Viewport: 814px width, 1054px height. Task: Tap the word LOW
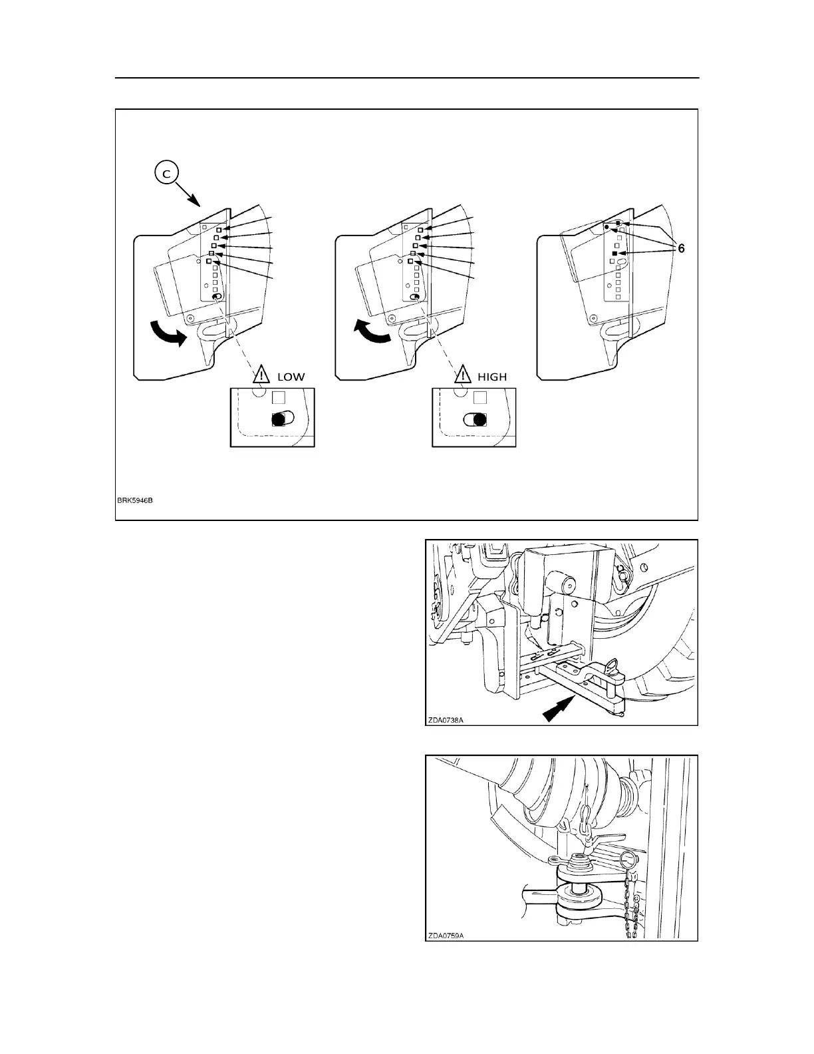click(x=291, y=377)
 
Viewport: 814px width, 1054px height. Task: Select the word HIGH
click(x=491, y=377)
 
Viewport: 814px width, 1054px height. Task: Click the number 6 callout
click(x=681, y=248)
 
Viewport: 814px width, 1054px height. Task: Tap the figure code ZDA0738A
click(x=446, y=719)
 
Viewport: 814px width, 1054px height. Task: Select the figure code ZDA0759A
click(x=446, y=935)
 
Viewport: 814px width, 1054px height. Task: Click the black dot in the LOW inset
click(x=279, y=419)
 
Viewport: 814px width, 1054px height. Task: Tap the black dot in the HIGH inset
click(x=478, y=419)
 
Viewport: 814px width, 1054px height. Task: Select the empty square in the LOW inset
click(x=280, y=398)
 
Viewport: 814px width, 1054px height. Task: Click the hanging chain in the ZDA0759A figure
click(x=630, y=912)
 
